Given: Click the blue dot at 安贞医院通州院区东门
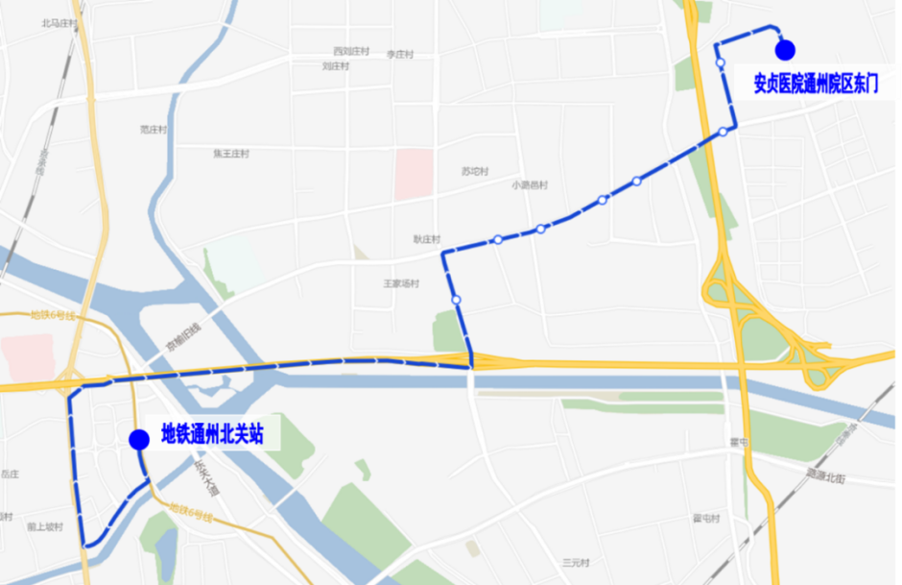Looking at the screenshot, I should (785, 50).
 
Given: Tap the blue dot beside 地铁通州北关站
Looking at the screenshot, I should (139, 439).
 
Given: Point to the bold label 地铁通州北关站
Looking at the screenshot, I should (212, 434).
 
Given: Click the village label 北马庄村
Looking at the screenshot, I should (59, 22).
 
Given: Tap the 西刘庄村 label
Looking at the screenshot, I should (351, 51).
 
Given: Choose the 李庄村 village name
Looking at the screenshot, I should (399, 55).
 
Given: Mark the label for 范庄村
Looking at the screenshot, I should (154, 129).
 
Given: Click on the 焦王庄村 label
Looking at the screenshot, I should (231, 154).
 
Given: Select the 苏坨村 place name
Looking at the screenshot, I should (475, 172).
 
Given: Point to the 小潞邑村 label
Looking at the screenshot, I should (530, 185).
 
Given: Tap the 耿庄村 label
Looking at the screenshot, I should (427, 239).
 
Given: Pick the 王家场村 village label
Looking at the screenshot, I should (402, 283).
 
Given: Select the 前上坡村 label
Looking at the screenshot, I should (45, 526).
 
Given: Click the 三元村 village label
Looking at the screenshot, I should (577, 563).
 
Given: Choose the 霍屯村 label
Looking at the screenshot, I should (706, 519).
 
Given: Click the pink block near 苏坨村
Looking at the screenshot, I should (415, 174).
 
